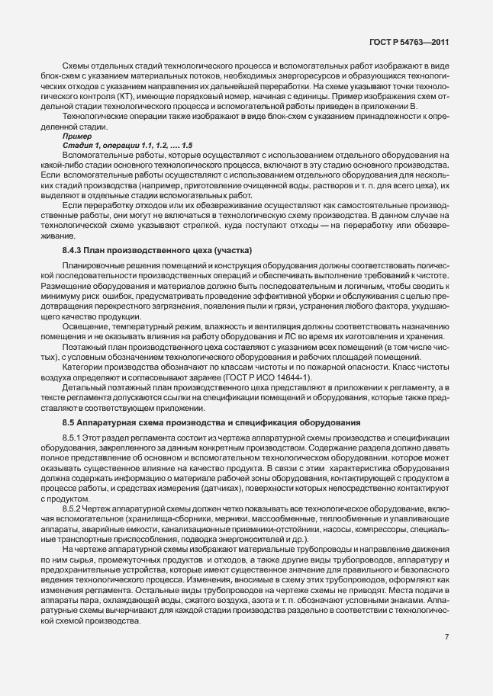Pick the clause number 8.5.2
click(x=74, y=507)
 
